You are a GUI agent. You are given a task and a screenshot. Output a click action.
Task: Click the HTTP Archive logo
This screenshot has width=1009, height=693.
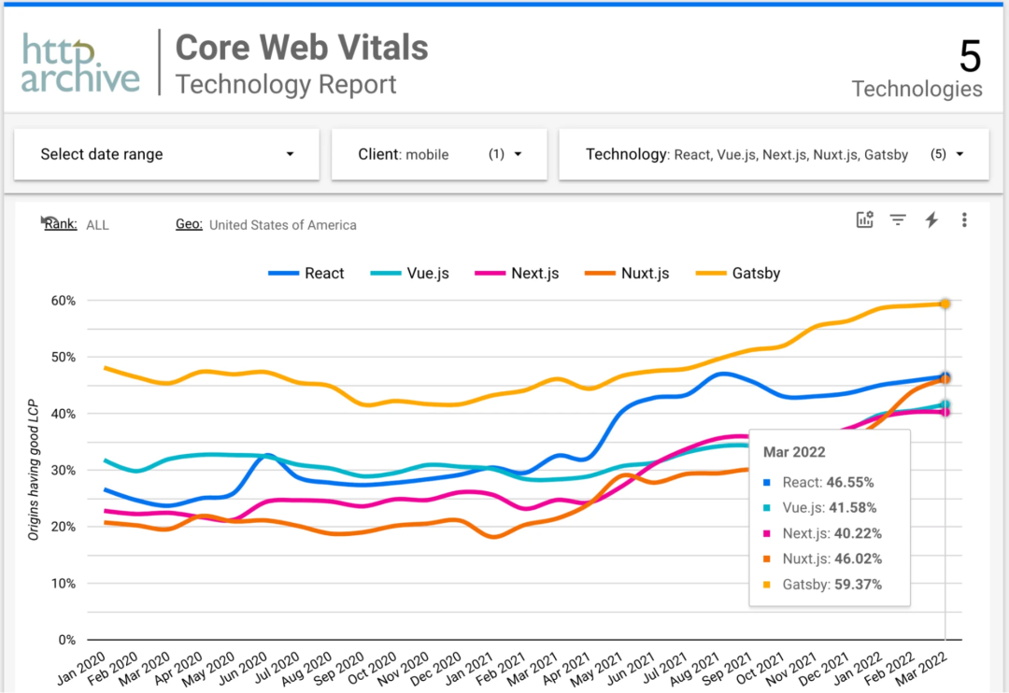[80, 64]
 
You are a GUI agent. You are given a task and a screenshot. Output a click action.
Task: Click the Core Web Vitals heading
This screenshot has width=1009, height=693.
[302, 47]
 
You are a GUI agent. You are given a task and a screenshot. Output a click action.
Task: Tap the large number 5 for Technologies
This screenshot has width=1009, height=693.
[970, 58]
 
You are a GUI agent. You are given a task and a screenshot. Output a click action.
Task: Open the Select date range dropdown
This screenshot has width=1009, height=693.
[166, 154]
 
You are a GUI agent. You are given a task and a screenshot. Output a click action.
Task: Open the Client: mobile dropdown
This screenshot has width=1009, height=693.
[439, 154]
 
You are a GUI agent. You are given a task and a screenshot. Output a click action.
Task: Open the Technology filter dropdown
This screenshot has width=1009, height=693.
[774, 154]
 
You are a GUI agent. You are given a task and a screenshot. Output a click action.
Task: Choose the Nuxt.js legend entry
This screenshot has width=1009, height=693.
[628, 274]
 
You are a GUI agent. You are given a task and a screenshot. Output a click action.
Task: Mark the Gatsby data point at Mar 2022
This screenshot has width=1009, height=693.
[945, 304]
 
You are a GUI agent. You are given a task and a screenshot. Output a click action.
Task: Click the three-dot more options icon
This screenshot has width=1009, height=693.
[964, 220]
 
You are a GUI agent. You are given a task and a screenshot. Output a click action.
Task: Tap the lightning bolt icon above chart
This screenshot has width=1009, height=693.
[931, 220]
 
